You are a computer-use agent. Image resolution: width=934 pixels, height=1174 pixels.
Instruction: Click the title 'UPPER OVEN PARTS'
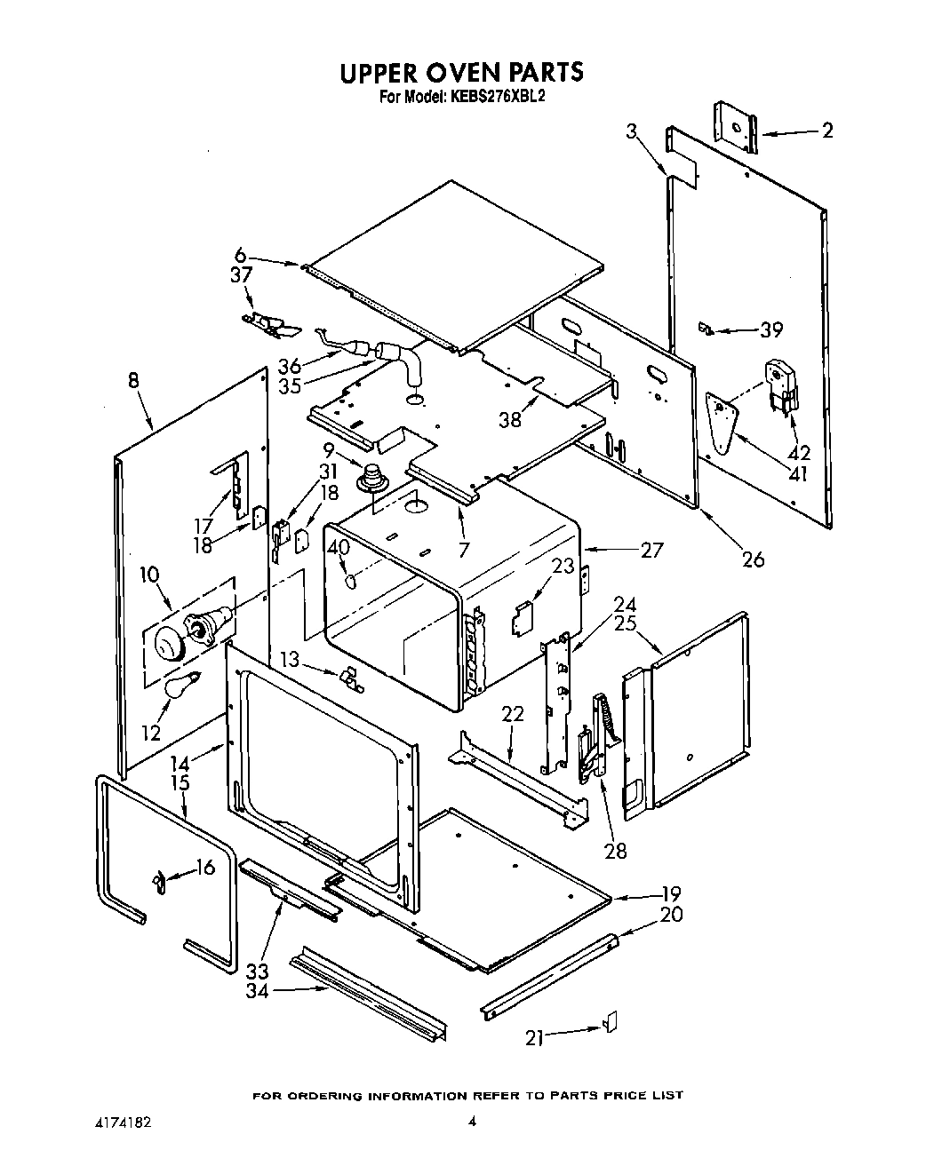click(x=461, y=72)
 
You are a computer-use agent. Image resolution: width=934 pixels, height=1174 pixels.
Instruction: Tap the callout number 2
click(x=827, y=131)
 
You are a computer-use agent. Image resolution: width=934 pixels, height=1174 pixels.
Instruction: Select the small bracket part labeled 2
click(x=736, y=127)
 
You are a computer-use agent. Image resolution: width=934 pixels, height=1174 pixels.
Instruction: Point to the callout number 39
click(x=771, y=329)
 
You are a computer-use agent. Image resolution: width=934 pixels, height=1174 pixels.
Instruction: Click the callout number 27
click(x=651, y=550)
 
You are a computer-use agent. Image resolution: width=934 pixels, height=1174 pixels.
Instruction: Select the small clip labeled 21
click(x=611, y=1022)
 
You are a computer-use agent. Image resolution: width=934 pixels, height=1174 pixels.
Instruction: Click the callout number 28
click(x=615, y=851)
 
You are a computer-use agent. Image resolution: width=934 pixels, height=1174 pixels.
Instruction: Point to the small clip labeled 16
click(x=159, y=883)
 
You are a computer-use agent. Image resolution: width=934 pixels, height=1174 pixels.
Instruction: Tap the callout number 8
click(x=133, y=382)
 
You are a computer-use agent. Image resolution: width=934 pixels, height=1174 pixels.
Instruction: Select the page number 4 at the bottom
click(x=472, y=1122)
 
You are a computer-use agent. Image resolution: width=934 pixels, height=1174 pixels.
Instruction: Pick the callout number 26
click(x=753, y=559)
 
